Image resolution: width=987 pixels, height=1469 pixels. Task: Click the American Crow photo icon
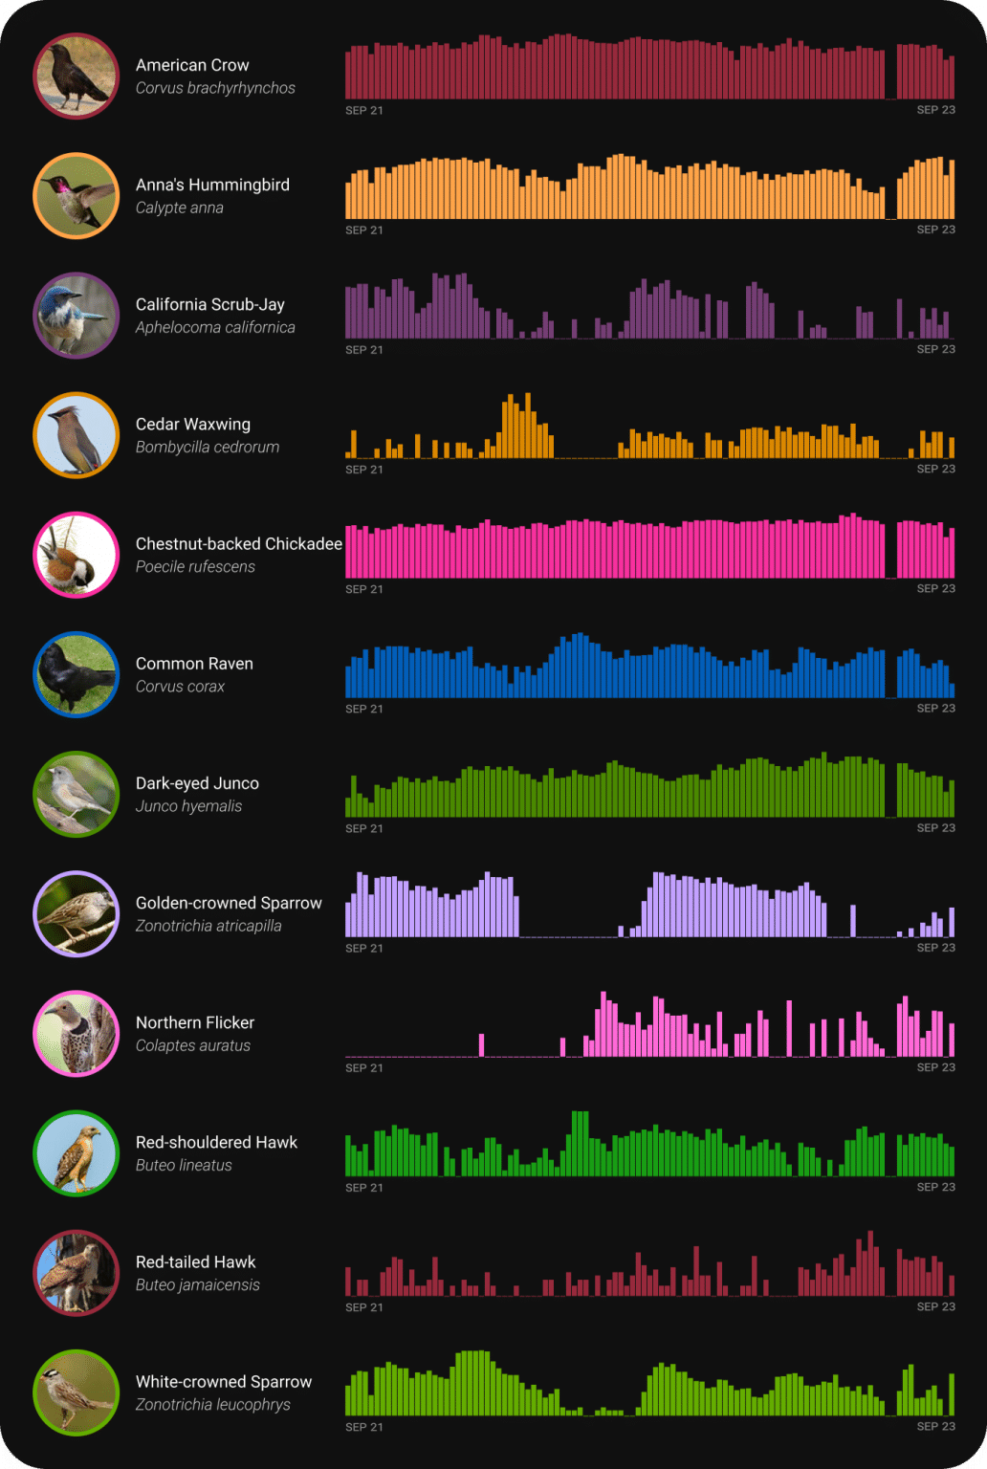click(76, 77)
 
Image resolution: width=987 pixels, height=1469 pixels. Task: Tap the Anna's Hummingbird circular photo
click(76, 196)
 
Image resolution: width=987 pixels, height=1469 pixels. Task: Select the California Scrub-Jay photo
click(76, 316)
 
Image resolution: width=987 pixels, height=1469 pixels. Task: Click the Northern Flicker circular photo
click(76, 1034)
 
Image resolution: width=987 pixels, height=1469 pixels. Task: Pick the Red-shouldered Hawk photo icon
click(76, 1153)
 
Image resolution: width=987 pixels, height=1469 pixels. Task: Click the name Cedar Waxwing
click(193, 425)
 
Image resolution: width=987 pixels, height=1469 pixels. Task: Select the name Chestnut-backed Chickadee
click(238, 544)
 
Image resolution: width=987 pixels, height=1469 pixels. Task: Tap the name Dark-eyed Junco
click(197, 783)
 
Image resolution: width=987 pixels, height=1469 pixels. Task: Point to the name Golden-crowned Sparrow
click(229, 903)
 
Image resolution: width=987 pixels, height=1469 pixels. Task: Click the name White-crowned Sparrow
click(224, 1382)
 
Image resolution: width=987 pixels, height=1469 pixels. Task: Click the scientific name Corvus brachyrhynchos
click(215, 88)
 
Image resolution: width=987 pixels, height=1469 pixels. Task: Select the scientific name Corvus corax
click(180, 687)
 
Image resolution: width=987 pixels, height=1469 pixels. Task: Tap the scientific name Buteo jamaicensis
click(197, 1285)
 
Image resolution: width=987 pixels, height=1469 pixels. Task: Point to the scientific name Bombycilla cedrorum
click(208, 448)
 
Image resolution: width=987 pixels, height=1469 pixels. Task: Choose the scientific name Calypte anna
click(179, 208)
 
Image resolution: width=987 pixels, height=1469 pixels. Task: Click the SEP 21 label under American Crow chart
click(363, 111)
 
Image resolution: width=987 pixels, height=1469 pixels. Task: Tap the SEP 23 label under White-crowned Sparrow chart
click(935, 1427)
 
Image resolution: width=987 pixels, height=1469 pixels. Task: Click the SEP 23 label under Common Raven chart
click(935, 709)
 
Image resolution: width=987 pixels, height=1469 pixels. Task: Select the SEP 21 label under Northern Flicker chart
click(363, 1068)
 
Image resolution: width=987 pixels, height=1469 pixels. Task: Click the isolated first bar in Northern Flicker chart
click(481, 1045)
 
